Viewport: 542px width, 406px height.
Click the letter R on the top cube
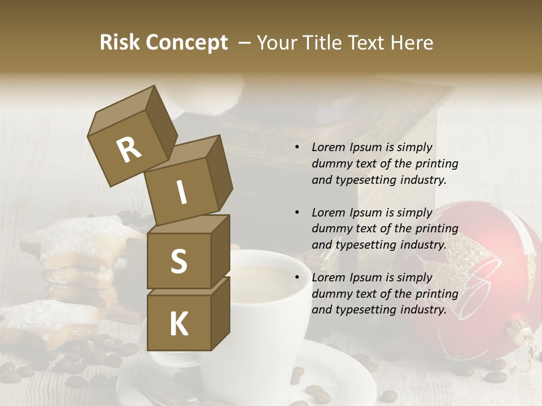pyautogui.click(x=129, y=150)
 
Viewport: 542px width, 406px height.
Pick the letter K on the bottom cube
pyautogui.click(x=178, y=324)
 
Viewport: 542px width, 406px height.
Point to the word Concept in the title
pyautogui.click(x=186, y=43)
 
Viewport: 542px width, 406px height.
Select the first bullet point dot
pyautogui.click(x=297, y=147)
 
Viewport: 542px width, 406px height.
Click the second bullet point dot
pyautogui.click(x=297, y=213)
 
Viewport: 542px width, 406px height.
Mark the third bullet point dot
pyautogui.click(x=297, y=277)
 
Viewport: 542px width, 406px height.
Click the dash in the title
pyautogui.click(x=245, y=43)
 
